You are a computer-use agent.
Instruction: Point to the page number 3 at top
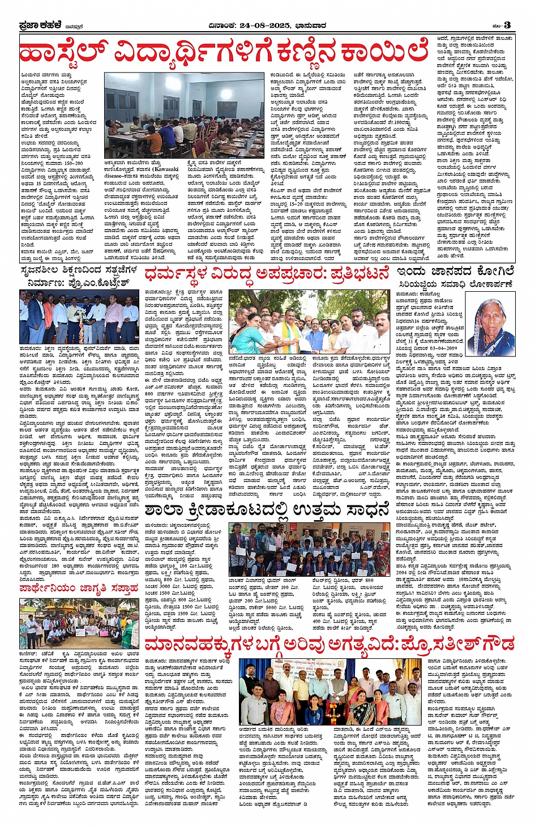click(x=507, y=25)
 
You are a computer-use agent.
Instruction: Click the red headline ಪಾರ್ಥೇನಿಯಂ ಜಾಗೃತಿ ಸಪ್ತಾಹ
click(x=79, y=589)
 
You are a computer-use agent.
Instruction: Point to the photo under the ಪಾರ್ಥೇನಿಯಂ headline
click(x=79, y=623)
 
